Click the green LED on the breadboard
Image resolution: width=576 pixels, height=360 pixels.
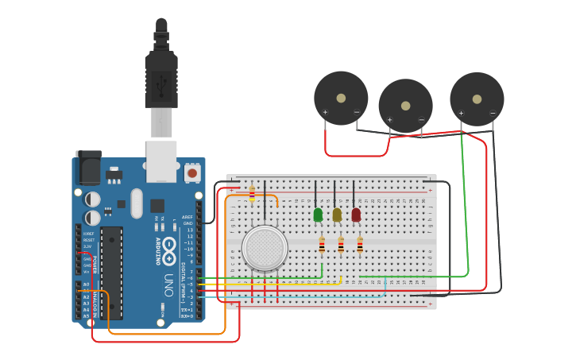point(318,215)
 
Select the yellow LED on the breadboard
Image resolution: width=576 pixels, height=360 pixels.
point(337,215)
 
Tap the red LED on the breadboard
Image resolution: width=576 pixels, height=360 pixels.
point(356,215)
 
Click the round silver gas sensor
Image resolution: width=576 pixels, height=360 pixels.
point(265,248)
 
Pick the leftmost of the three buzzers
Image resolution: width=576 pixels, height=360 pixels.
point(341,98)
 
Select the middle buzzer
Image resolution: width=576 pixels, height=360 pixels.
point(405,105)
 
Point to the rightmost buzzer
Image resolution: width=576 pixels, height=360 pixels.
point(477,99)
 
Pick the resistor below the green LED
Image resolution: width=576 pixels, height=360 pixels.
point(322,246)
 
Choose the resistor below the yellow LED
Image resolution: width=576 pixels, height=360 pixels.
point(341,246)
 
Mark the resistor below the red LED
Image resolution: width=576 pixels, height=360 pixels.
point(360,246)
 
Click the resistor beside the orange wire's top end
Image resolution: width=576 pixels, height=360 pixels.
point(252,193)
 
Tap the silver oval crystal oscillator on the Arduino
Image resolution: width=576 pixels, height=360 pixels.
point(137,203)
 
